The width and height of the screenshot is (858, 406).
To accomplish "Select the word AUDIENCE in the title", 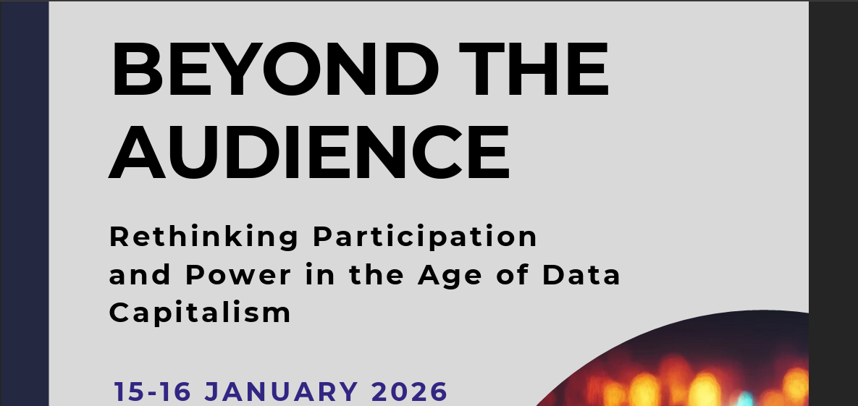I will tap(310, 153).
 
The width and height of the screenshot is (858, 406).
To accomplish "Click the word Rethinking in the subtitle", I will tap(203, 237).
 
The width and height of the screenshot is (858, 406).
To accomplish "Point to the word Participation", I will tap(425, 237).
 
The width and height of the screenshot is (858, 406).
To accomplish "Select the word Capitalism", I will tap(200, 313).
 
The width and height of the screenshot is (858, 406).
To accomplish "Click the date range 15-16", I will tap(152, 392).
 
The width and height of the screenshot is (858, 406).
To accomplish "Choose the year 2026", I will tap(410, 392).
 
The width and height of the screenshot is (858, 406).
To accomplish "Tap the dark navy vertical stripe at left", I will tap(24, 203).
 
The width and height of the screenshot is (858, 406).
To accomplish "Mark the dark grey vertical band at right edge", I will tap(833, 203).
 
